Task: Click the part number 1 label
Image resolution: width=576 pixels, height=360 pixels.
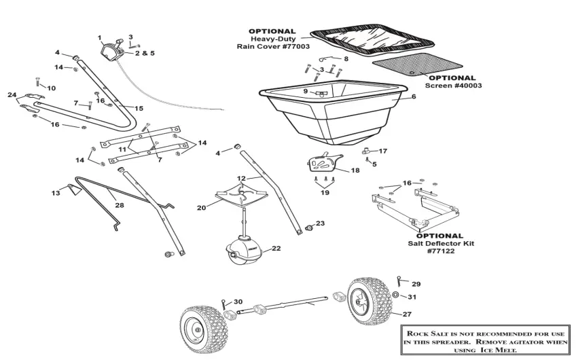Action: pos(99,37)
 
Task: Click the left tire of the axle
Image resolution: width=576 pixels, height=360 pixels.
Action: pos(200,329)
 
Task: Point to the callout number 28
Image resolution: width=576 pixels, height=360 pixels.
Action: pos(119,204)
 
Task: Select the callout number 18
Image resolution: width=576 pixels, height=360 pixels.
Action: pos(355,170)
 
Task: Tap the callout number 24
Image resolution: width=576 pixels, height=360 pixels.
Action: pos(12,94)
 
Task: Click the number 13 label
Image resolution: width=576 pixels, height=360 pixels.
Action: pos(56,193)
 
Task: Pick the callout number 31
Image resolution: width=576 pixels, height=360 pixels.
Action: pos(412,297)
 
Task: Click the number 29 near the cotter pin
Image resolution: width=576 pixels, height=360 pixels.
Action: pos(416,283)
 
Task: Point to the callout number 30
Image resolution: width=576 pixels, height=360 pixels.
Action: pos(238,302)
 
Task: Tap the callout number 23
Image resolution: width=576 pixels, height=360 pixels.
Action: pos(321,223)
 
